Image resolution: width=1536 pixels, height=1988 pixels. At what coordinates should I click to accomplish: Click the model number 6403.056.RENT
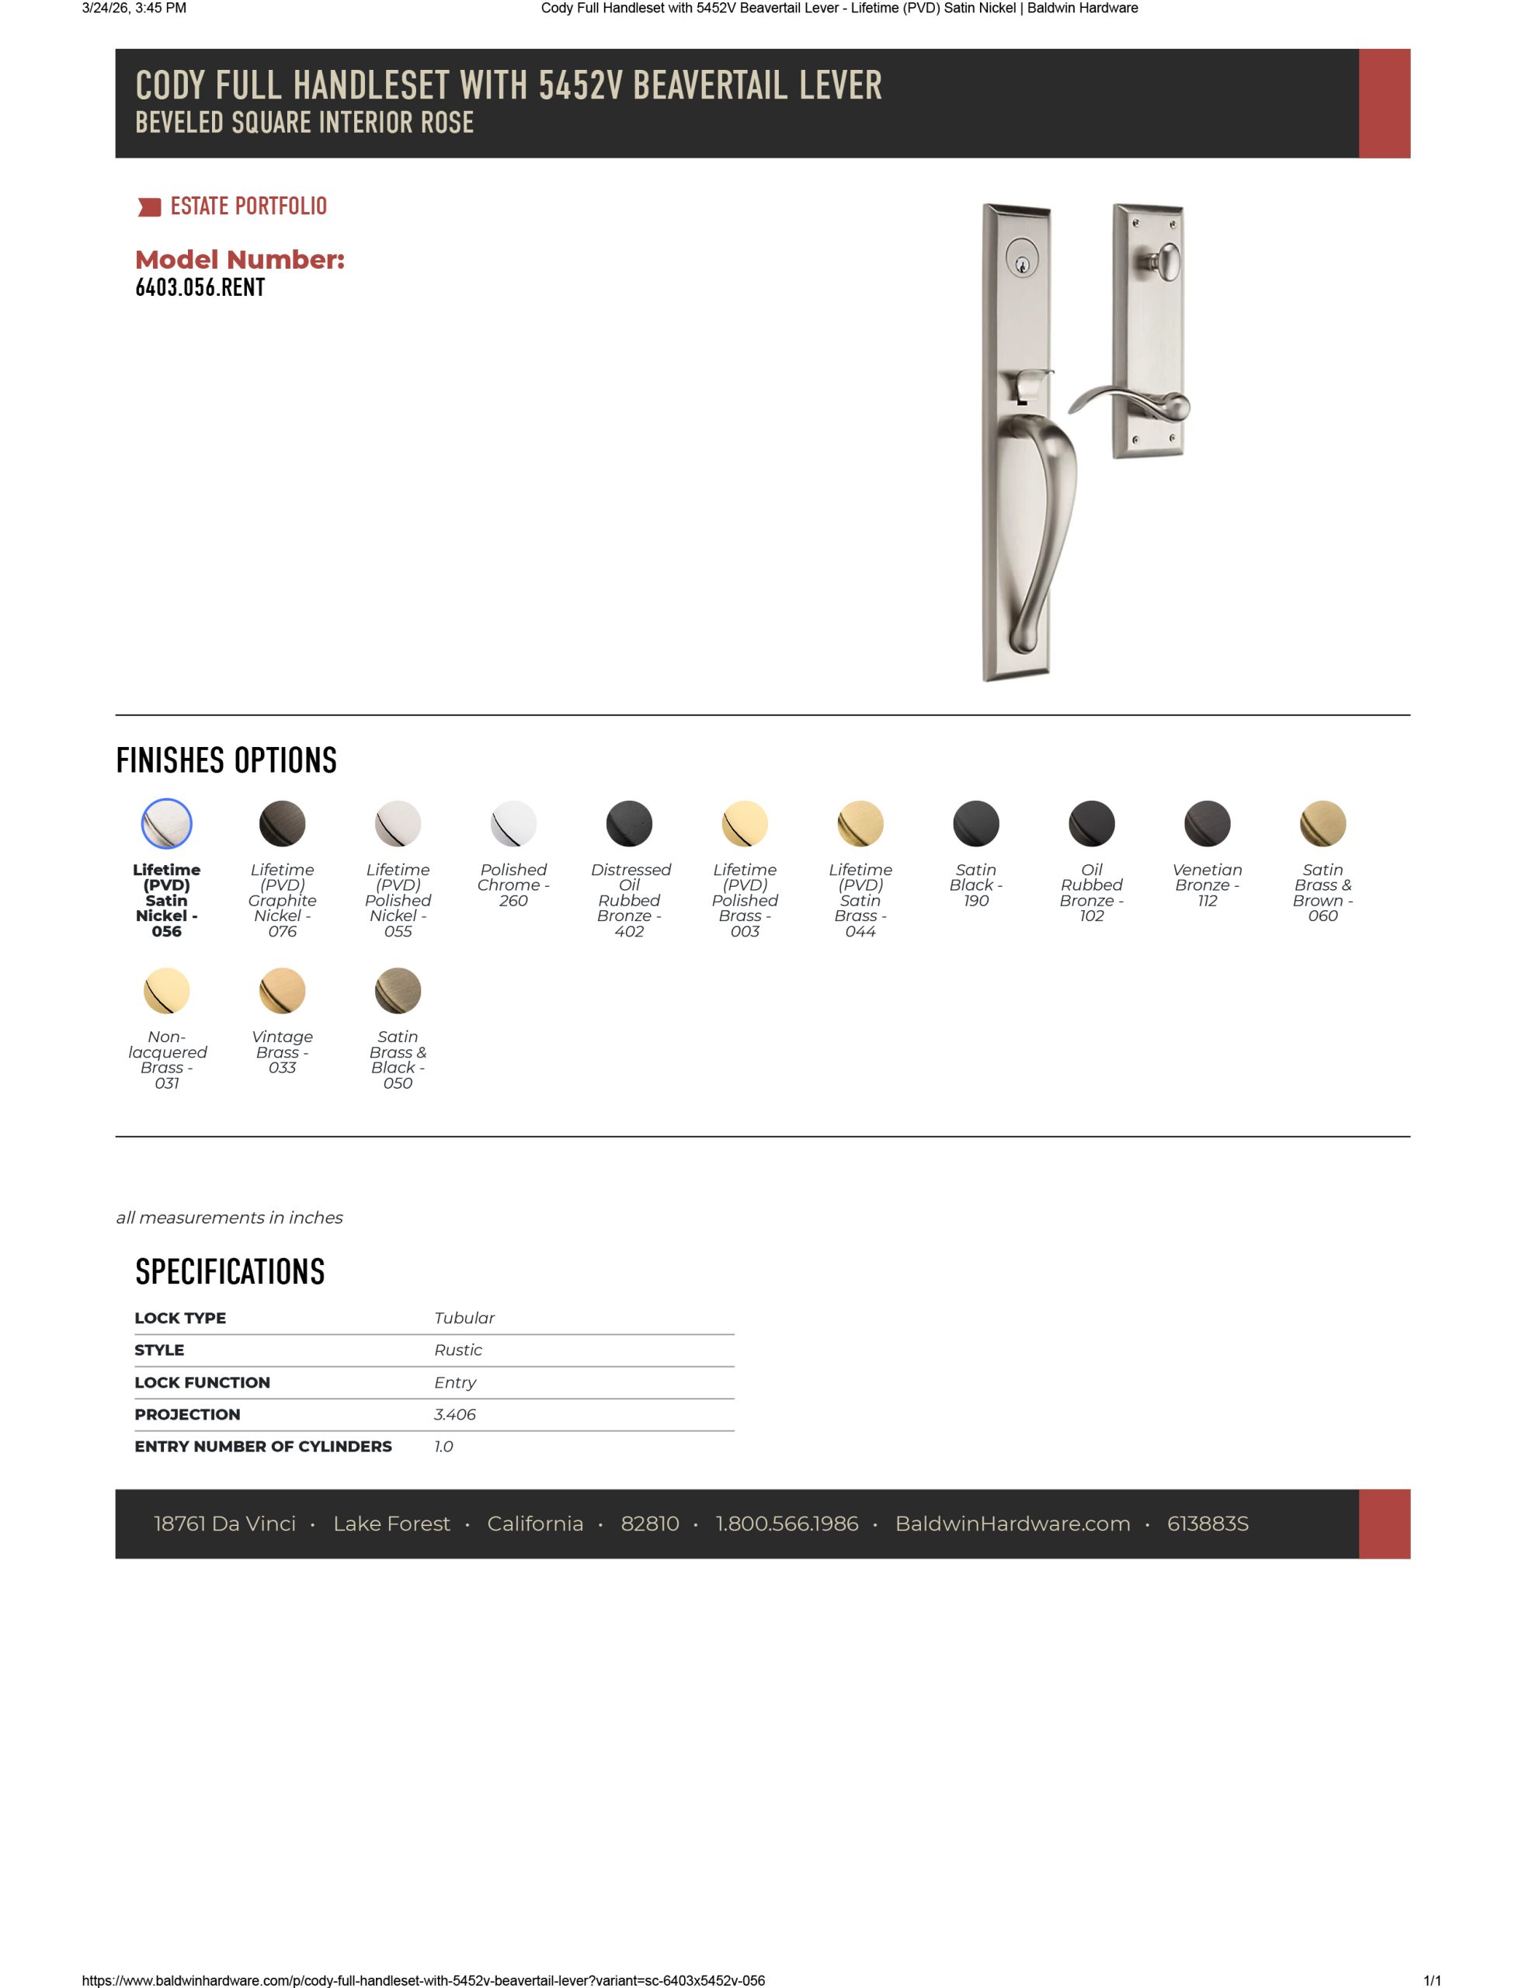[200, 287]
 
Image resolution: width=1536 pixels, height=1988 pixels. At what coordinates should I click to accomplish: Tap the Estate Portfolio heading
[248, 207]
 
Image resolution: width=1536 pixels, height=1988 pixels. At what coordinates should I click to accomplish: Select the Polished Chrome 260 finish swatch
[513, 824]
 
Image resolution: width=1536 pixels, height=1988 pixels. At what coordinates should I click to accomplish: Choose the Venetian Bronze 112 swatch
[1207, 824]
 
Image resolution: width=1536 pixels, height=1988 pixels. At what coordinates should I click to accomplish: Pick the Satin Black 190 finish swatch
[975, 824]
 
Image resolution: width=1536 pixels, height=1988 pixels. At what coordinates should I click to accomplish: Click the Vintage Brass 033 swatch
[282, 990]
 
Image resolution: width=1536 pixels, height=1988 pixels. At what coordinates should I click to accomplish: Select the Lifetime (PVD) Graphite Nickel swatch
[282, 824]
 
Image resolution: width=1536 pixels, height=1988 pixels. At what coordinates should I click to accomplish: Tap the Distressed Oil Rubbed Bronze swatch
[629, 824]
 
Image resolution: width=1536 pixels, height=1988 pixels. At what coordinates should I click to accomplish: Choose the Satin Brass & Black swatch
[398, 990]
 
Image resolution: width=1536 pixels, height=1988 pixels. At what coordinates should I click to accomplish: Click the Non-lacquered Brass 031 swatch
[167, 990]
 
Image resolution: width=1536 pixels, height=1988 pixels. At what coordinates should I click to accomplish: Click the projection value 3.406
[454, 1415]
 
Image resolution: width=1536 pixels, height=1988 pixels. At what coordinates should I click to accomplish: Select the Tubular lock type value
[464, 1318]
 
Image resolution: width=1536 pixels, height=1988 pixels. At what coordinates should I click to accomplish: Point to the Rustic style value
[458, 1350]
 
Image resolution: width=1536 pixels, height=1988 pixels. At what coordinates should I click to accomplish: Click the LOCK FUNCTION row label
[202, 1383]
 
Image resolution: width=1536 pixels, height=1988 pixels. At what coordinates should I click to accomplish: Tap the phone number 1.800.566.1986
[787, 1524]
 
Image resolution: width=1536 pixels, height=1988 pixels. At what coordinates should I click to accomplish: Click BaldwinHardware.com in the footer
[1013, 1524]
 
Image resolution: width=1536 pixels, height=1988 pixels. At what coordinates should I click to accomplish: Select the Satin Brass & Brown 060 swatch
[1322, 824]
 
